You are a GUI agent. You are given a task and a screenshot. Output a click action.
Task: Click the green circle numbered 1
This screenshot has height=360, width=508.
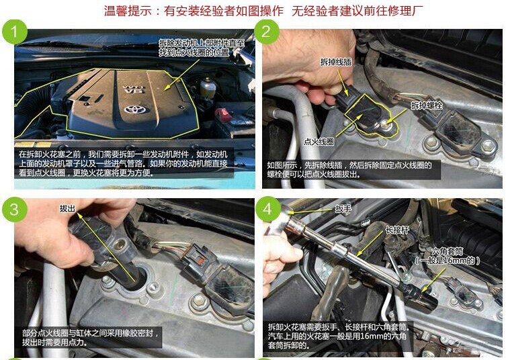15,32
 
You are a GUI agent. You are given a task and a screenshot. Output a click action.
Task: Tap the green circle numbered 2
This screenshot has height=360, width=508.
267,32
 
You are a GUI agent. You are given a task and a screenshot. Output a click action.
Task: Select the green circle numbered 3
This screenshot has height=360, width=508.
15,210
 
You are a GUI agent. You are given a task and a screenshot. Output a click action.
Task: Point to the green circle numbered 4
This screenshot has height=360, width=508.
268,209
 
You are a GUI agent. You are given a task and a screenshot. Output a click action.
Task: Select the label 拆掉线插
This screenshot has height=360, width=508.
336,62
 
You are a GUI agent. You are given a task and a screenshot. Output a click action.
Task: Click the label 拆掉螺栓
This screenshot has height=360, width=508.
427,105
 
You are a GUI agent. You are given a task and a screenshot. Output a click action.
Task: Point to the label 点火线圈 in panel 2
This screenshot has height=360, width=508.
319,142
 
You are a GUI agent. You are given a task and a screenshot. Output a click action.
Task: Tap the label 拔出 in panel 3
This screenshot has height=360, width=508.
67,209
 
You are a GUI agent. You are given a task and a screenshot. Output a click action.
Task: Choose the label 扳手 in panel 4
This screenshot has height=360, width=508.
343,209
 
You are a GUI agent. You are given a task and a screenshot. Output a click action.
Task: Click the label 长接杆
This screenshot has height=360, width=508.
398,230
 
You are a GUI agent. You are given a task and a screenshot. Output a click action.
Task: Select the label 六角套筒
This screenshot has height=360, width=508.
448,252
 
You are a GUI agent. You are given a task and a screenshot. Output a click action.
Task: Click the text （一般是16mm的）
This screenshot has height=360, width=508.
448,261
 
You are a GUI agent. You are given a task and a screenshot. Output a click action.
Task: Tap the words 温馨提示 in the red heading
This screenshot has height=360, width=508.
128,11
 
